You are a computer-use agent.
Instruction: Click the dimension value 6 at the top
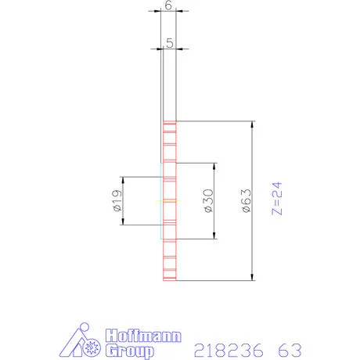point(169,5)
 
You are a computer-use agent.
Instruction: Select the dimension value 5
point(169,44)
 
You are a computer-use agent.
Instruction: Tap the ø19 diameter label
point(117,201)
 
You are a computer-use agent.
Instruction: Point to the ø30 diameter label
point(208,201)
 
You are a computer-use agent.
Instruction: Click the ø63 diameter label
point(246,201)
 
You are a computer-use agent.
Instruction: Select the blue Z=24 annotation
point(274,200)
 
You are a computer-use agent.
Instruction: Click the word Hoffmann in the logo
point(142,336)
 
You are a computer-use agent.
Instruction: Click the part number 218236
point(227,348)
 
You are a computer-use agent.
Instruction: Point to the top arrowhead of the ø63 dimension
point(252,124)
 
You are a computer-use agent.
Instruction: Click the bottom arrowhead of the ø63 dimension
point(252,276)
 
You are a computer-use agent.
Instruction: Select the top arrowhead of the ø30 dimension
point(214,166)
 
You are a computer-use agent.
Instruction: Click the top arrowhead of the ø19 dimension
point(122,178)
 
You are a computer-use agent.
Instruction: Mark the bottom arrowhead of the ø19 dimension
point(122,222)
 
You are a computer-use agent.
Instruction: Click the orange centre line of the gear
point(168,201)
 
